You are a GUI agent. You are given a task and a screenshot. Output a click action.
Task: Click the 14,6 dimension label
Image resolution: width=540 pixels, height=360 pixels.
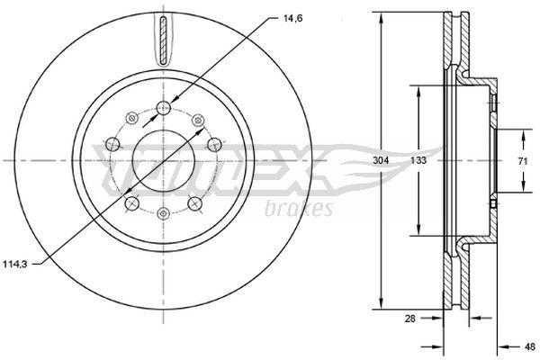tap(292, 19)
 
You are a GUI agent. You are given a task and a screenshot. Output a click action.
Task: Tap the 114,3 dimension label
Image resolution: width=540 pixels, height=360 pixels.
tap(14, 265)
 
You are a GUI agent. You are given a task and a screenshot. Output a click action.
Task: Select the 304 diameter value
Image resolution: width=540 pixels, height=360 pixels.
tap(381, 160)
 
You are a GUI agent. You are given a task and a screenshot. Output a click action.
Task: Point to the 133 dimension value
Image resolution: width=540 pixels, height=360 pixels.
tap(418, 160)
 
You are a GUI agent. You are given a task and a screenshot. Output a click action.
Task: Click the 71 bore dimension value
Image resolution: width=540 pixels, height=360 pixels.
tap(523, 161)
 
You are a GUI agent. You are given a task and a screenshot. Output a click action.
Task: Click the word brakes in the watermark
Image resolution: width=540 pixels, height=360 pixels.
tap(299, 208)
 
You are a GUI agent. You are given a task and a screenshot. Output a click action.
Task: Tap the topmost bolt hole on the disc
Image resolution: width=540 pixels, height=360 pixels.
tap(164, 108)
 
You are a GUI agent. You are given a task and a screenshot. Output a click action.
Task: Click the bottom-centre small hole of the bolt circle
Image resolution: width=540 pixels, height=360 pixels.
tap(163, 213)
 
